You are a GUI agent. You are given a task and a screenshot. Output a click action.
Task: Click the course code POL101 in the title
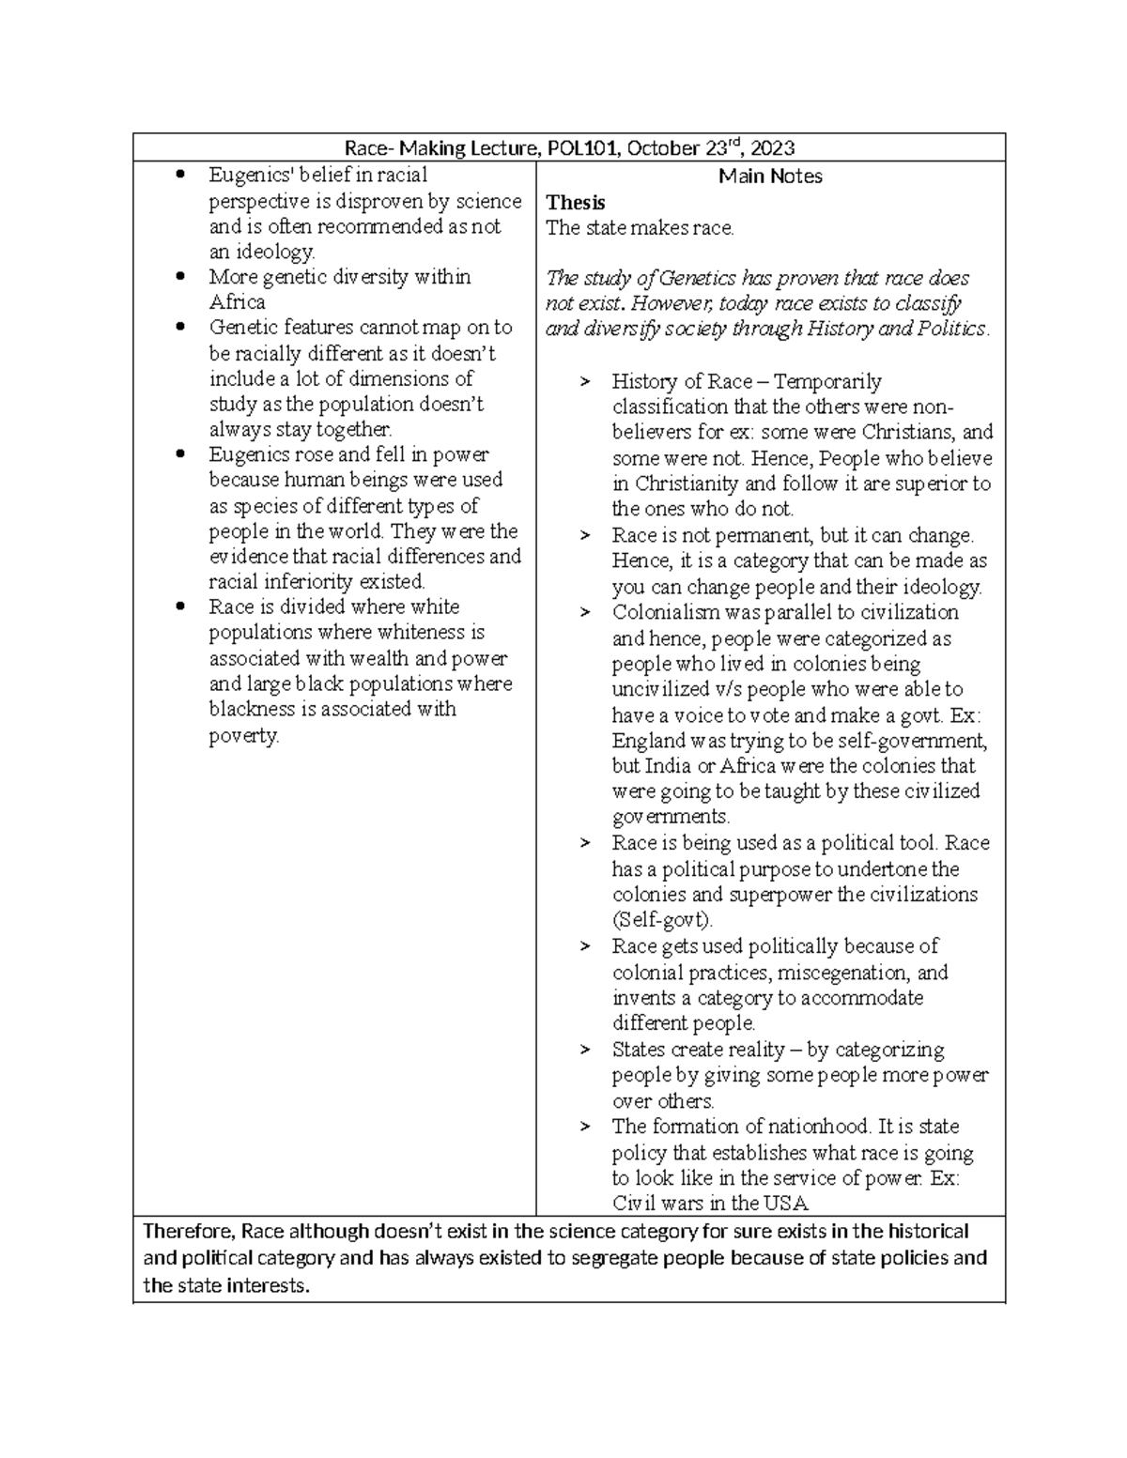tap(588, 148)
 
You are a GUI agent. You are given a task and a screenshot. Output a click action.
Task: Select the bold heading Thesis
tap(576, 202)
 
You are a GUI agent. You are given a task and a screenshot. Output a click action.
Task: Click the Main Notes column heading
tap(770, 176)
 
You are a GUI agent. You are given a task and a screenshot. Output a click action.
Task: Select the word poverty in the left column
tap(243, 735)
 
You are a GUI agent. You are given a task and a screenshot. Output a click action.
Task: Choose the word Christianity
tap(688, 484)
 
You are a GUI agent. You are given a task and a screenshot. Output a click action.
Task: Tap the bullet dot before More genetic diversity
tap(181, 277)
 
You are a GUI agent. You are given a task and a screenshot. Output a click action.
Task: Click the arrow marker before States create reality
tap(586, 1050)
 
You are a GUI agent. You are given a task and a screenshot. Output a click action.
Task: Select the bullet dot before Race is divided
tap(181, 606)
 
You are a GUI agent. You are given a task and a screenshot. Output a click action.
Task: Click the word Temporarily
tap(827, 381)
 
